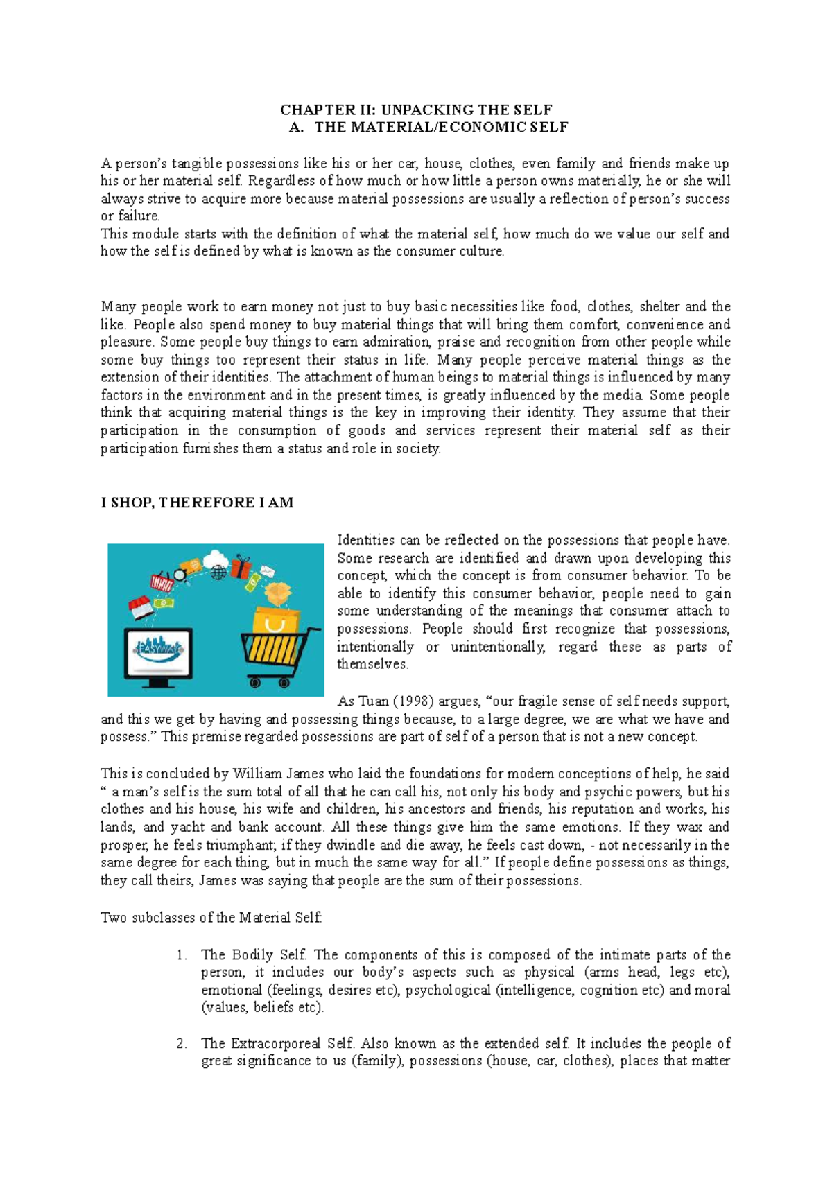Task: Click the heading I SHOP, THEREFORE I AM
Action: click(197, 503)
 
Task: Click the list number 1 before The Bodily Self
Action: click(181, 955)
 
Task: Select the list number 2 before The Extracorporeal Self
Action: click(181, 1044)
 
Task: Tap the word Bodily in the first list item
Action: click(252, 955)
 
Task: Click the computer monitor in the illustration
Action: click(158, 653)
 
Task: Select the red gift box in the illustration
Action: click(241, 567)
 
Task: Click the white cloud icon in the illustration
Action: click(216, 557)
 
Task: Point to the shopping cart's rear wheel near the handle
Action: click(283, 682)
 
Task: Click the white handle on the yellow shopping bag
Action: click(274, 625)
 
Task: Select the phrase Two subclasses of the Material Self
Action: click(211, 918)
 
